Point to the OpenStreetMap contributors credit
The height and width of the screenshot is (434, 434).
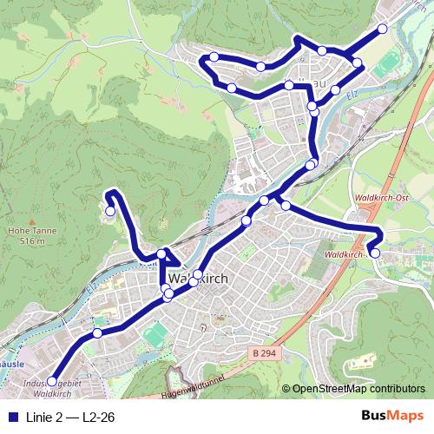(358, 389)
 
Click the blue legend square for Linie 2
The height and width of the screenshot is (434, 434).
(10, 416)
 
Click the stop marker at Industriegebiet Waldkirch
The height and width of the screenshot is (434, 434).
(51, 381)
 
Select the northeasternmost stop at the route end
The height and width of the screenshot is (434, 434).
(382, 29)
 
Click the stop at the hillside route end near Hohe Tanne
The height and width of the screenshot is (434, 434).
(110, 210)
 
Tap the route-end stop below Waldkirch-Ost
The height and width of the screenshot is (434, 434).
(374, 253)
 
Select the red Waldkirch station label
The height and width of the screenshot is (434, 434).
(341, 255)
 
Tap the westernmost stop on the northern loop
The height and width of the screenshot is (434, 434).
(214, 57)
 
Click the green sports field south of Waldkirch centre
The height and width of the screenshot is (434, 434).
(155, 334)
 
